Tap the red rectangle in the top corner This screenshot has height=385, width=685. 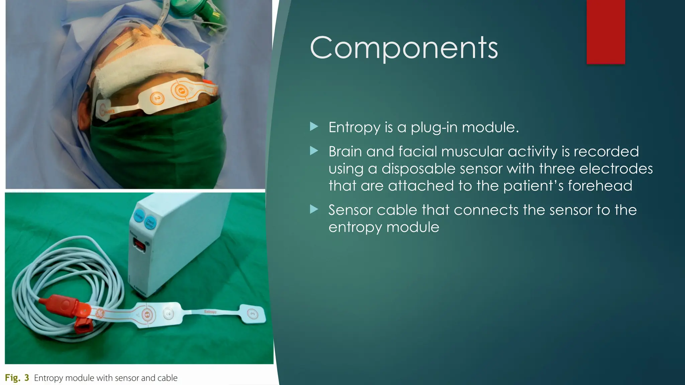click(605, 32)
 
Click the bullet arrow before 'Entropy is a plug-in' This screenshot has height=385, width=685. click(314, 127)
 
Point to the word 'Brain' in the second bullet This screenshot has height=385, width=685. click(345, 152)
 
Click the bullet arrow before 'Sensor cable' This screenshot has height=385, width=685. click(314, 210)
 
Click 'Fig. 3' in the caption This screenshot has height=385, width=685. click(17, 378)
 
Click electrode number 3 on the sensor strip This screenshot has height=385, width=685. click(253, 313)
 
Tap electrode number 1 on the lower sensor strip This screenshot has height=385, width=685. click(147, 314)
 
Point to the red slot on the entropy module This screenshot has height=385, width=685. click(139, 247)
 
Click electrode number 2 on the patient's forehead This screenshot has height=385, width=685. click(157, 98)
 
